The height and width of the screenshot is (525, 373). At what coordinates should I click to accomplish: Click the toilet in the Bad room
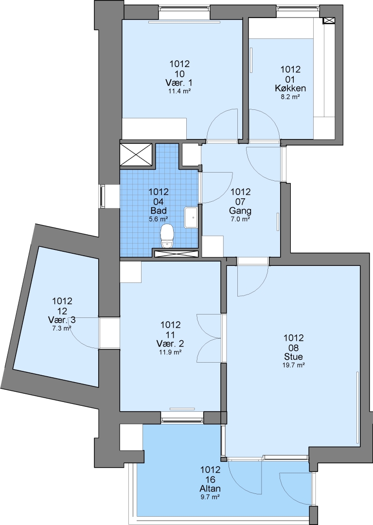(x=167, y=236)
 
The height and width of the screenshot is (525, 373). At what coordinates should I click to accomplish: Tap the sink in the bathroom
(x=191, y=218)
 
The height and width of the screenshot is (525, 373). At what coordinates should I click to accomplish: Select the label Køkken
(x=290, y=88)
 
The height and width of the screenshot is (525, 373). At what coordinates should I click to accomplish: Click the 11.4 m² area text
(x=179, y=91)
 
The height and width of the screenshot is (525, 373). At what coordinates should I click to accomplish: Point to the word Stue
(x=294, y=356)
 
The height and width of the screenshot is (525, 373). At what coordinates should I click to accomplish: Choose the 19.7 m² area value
(x=294, y=365)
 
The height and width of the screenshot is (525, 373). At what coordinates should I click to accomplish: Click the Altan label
(x=210, y=489)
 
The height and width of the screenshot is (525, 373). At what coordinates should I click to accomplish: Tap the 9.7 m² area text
(x=210, y=497)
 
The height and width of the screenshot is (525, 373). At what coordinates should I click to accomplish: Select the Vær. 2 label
(x=170, y=344)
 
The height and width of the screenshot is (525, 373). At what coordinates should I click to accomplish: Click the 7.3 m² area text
(x=62, y=329)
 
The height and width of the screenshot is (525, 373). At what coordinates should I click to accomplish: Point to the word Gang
(x=240, y=211)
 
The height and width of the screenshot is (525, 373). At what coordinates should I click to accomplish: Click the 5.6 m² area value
(x=159, y=219)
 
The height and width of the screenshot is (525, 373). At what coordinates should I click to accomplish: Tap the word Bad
(x=159, y=211)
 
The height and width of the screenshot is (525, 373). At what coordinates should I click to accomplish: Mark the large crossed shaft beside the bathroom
(x=136, y=155)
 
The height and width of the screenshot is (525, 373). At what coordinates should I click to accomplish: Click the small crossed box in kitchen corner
(x=328, y=21)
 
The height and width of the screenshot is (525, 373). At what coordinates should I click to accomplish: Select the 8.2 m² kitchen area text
(x=290, y=97)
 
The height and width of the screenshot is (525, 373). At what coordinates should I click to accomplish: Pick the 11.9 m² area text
(x=170, y=352)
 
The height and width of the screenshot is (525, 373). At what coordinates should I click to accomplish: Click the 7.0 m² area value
(x=240, y=220)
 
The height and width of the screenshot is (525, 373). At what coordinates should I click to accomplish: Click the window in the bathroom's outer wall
(x=103, y=195)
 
